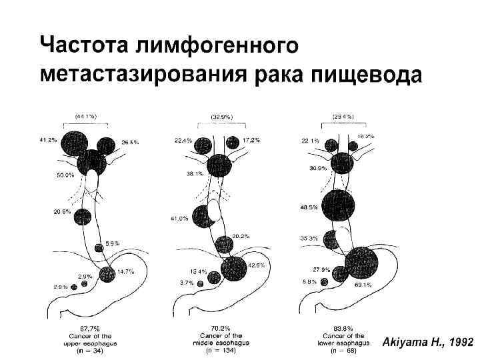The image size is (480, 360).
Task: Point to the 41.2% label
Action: coord(47,141)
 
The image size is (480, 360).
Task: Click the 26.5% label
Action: coord(130,141)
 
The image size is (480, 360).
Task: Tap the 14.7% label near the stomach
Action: coord(125,271)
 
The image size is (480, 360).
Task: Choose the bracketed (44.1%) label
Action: coord(85,116)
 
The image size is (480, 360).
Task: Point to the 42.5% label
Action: coord(256,265)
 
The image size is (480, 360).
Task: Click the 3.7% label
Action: coord(187,283)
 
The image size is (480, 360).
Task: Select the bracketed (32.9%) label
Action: coord(221,116)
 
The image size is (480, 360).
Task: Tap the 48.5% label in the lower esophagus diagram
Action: coord(309,207)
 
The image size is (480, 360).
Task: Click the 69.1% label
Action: coord(363,285)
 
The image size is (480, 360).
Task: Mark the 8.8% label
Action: coord(310,281)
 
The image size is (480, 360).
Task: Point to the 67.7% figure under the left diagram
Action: coord(89,328)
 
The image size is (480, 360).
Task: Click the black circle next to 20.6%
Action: coord(83,217)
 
